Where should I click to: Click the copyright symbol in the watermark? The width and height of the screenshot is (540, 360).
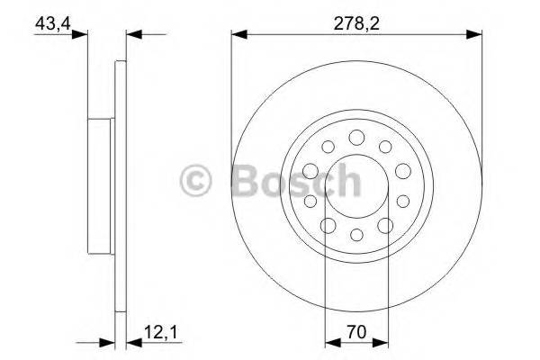pyautogui.click(x=198, y=182)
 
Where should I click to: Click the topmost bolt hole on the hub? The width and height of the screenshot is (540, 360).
pyautogui.click(x=356, y=137)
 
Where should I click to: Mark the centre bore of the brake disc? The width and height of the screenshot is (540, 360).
pyautogui.click(x=356, y=185)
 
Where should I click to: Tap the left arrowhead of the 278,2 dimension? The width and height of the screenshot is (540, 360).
pyautogui.click(x=237, y=36)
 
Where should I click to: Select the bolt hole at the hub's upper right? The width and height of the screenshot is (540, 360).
pyautogui.click(x=385, y=147)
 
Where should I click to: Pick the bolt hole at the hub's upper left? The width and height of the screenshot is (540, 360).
pyautogui.click(x=328, y=147)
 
